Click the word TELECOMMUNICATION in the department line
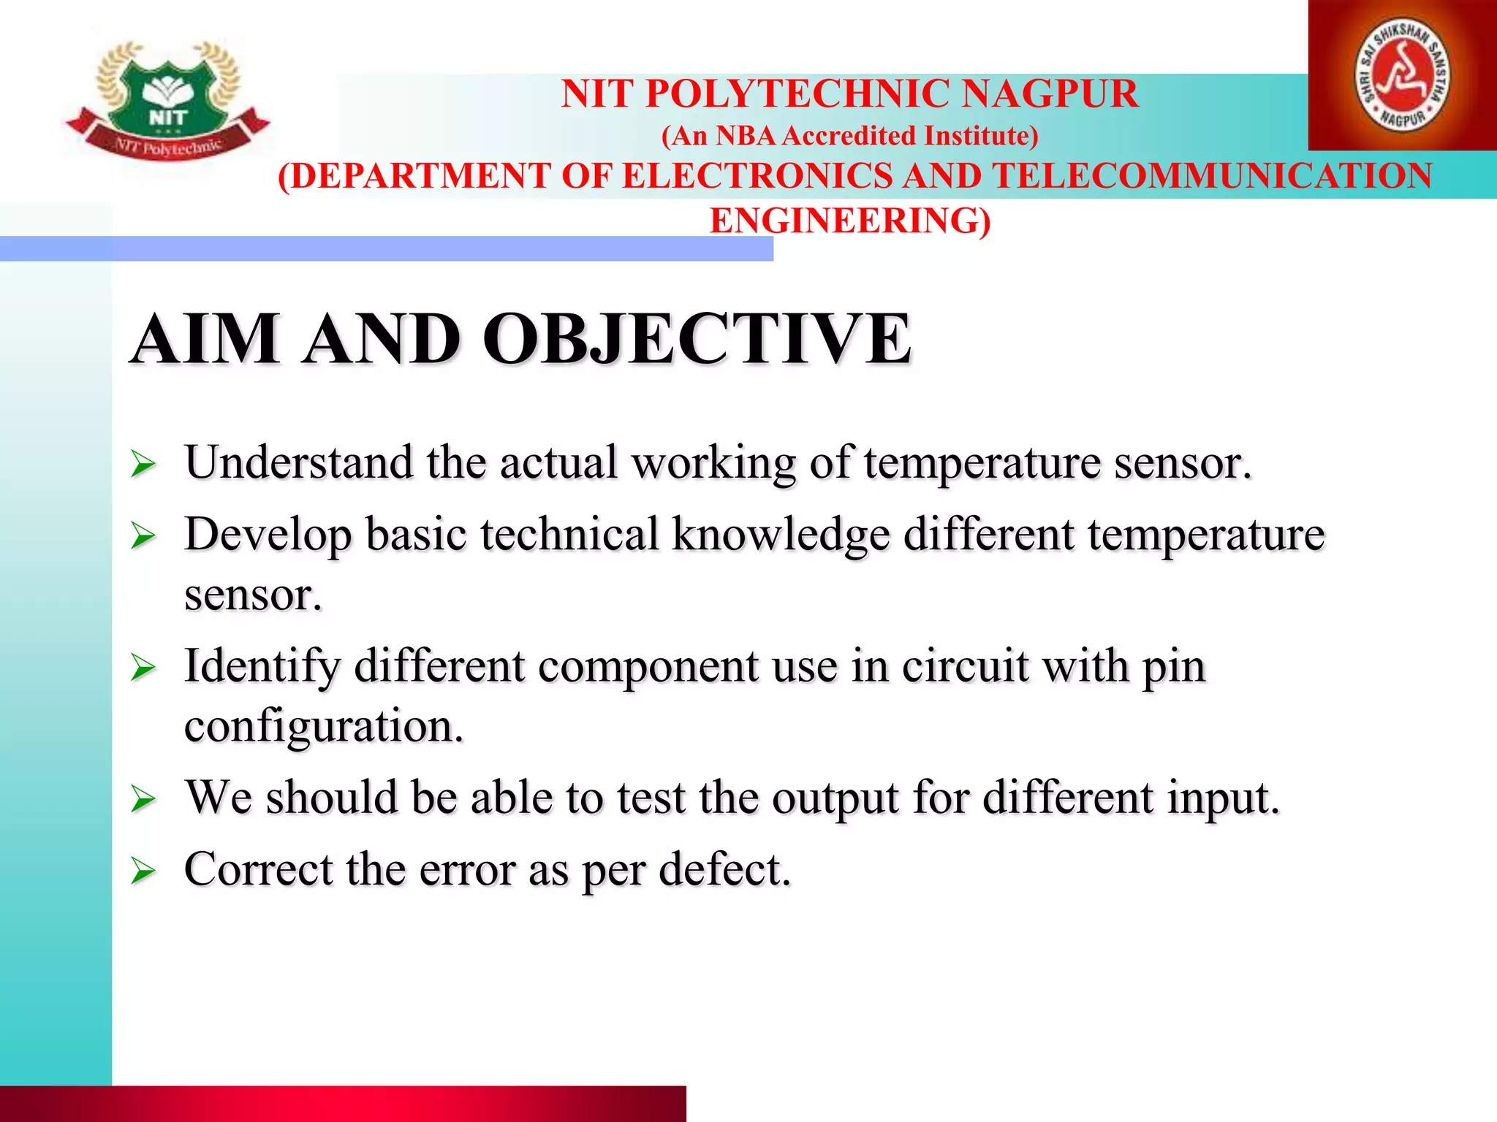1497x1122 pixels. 1212,176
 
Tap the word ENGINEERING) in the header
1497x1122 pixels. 850,221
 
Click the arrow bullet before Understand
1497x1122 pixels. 143,465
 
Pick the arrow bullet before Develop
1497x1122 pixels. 143,537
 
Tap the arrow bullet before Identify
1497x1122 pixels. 143,668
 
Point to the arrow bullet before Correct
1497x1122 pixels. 143,871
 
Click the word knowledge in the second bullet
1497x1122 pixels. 781,535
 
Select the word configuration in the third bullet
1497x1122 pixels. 324,727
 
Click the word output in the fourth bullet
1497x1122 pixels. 835,798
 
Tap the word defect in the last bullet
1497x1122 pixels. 724,869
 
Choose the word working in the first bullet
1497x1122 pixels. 713,463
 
